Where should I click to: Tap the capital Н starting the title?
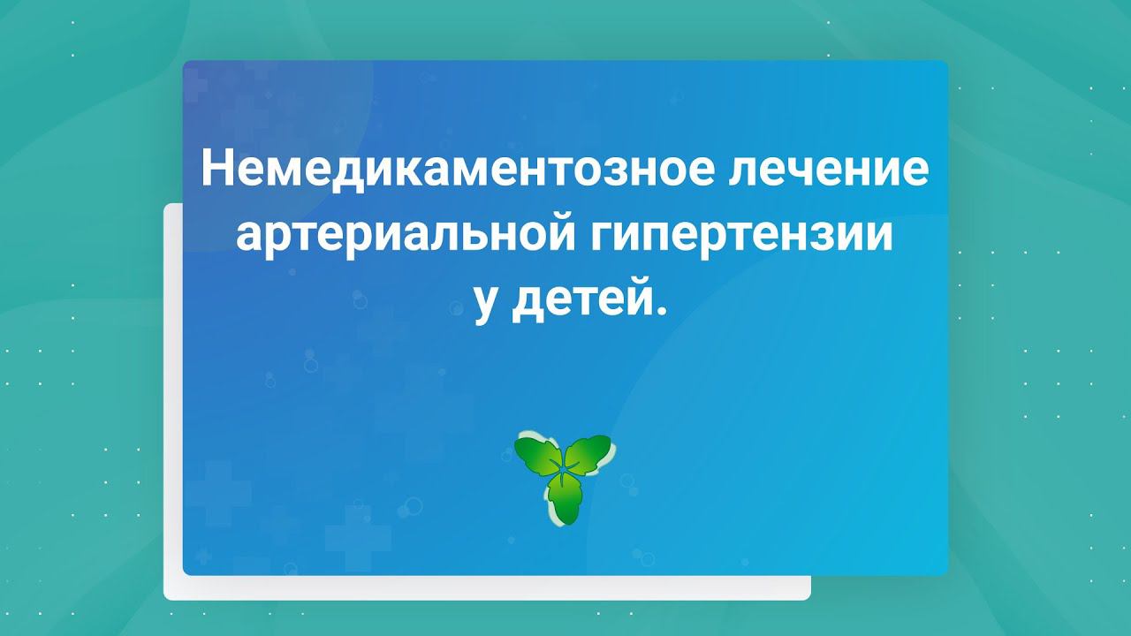pyautogui.click(x=215, y=169)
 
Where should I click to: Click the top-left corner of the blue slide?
pyautogui.click(x=185, y=62)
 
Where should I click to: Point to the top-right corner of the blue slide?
pyautogui.click(x=946, y=62)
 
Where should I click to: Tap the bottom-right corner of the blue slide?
pyautogui.click(x=946, y=573)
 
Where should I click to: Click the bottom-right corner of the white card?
pyautogui.click(x=808, y=599)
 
